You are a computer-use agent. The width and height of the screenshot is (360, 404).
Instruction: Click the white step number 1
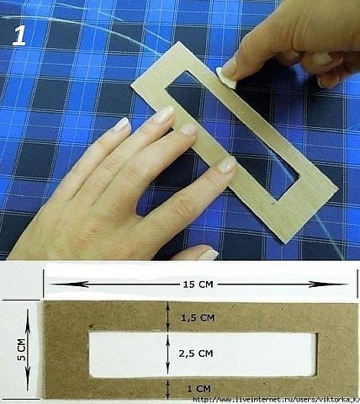point(19,35)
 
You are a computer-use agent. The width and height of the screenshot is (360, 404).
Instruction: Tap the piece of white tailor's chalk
point(225,78)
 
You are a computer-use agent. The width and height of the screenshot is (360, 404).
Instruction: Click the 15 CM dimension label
point(198,284)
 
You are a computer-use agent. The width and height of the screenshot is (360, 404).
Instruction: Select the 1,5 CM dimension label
point(198,318)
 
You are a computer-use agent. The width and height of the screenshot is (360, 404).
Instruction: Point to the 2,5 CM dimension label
point(196,353)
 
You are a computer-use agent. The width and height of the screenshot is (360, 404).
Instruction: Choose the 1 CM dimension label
point(199,389)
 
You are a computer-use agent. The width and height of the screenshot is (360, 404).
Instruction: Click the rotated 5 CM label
point(22,350)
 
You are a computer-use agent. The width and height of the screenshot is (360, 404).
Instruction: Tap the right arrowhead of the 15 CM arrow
point(326,284)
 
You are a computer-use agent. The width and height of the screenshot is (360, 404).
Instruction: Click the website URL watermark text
point(276,400)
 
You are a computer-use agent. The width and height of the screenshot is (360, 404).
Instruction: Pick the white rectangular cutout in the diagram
point(203,354)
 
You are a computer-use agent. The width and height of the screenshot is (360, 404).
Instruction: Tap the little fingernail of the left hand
point(123,125)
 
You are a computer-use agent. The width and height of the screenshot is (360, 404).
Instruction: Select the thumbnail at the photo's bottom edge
point(209,255)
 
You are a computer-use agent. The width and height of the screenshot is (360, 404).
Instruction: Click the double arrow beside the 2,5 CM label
point(167,354)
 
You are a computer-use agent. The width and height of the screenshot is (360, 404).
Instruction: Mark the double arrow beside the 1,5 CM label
point(167,316)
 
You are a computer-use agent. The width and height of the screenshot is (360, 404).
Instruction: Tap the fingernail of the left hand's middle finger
point(189,130)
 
